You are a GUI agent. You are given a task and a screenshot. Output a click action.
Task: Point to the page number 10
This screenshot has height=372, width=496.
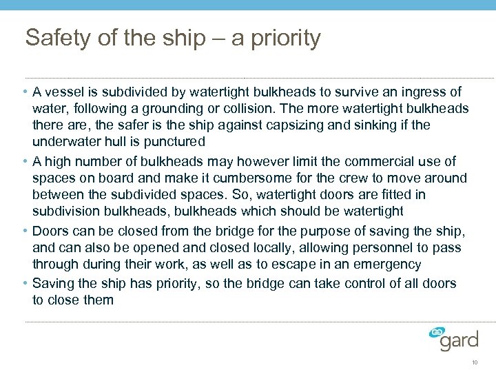(x=475, y=362)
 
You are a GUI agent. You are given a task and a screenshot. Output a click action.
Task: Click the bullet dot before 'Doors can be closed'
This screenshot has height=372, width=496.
(x=25, y=231)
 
